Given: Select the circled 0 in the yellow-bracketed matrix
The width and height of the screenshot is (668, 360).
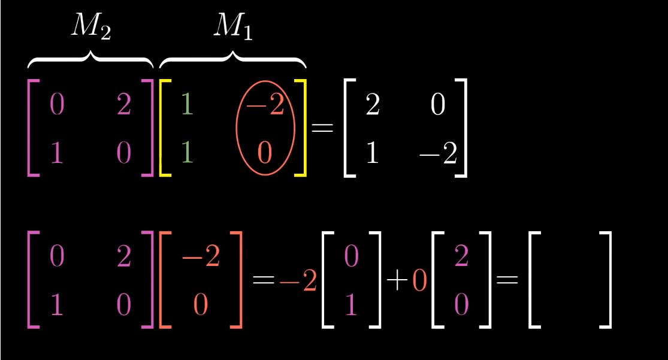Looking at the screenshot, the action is click(x=265, y=153).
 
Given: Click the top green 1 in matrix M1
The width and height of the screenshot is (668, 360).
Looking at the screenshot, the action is click(x=187, y=106).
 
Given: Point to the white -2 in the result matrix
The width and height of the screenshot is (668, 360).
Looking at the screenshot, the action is click(x=437, y=155).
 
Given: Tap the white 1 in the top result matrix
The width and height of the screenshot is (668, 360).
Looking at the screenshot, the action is click(x=371, y=155).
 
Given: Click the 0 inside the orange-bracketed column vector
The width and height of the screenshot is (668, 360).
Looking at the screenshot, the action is click(x=200, y=305).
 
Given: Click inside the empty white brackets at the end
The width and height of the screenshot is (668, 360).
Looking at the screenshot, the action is click(x=570, y=280).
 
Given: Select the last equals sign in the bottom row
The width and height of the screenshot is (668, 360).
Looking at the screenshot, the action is click(x=507, y=280).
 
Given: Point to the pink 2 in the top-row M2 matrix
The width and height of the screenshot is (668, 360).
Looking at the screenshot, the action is click(x=123, y=106).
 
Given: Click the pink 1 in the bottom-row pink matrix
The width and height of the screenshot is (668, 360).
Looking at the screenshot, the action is click(x=56, y=305).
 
